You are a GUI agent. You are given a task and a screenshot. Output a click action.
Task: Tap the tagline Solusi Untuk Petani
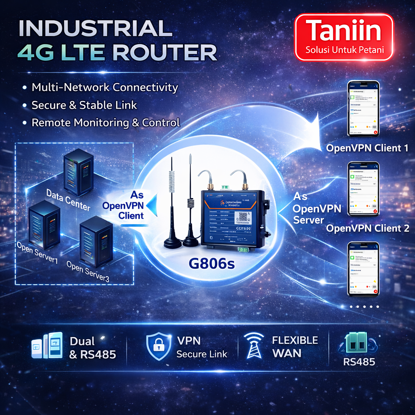(x=344, y=51)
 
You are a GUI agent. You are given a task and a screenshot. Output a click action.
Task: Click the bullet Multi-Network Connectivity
(x=105, y=87)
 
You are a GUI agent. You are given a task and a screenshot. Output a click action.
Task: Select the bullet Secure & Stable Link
(x=84, y=105)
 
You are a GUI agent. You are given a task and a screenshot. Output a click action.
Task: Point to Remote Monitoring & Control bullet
(x=105, y=123)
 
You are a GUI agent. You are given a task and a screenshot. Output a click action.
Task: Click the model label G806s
(x=212, y=264)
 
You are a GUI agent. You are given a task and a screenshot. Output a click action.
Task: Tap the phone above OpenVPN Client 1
(x=363, y=109)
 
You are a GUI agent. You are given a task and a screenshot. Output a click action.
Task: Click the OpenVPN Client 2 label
(x=368, y=228)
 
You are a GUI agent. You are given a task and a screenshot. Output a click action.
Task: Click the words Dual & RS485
(x=92, y=348)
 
